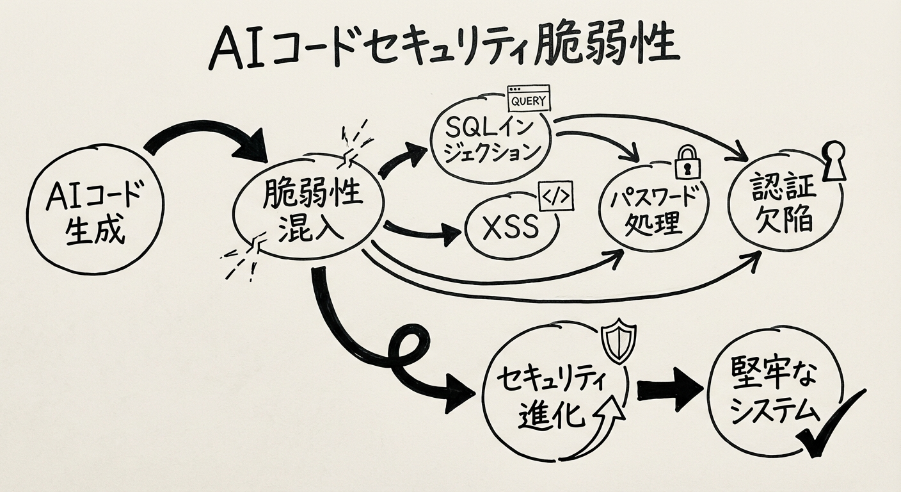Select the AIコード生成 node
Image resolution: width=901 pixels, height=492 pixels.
[95, 210]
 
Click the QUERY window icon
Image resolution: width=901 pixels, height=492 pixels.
[529, 99]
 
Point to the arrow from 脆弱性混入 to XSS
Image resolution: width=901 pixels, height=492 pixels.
[422, 232]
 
